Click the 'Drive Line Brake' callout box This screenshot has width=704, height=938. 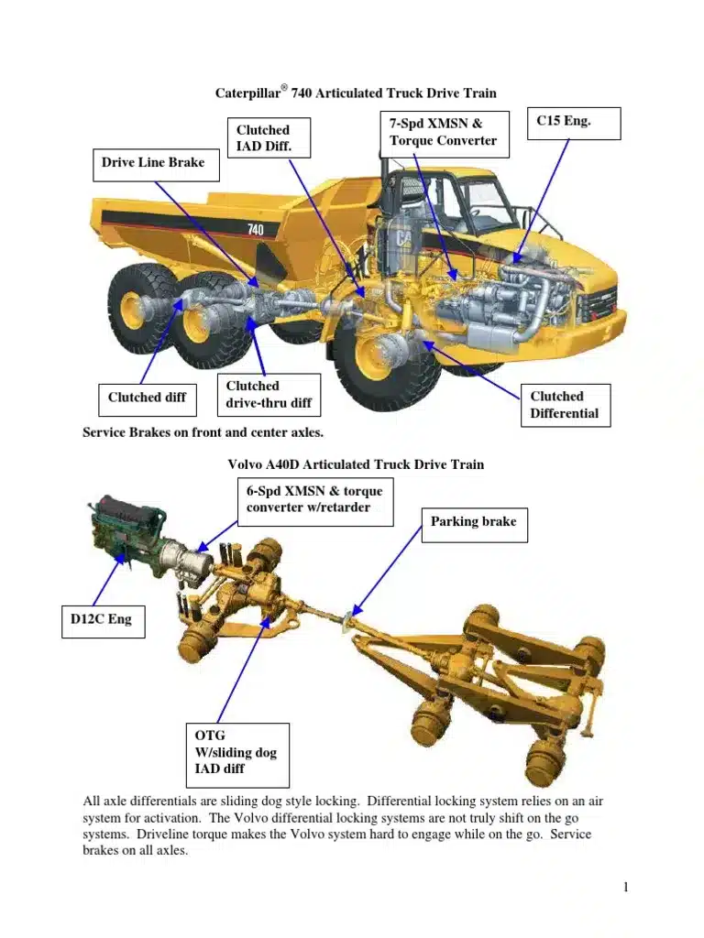click(153, 164)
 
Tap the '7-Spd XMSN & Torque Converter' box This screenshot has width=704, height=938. click(443, 132)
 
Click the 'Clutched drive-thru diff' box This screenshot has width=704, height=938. click(269, 395)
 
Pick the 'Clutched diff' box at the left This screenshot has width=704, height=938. click(147, 398)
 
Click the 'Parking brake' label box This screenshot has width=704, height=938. click(473, 522)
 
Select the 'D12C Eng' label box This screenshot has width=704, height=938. click(102, 620)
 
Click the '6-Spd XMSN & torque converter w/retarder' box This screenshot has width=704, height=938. click(314, 500)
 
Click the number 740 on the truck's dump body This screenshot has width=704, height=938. click(257, 229)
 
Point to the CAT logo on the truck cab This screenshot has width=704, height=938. click(403, 237)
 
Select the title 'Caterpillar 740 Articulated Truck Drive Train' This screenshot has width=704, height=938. click(356, 93)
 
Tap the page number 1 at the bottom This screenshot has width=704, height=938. click(625, 887)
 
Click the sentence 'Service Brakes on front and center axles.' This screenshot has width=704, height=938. click(203, 432)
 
